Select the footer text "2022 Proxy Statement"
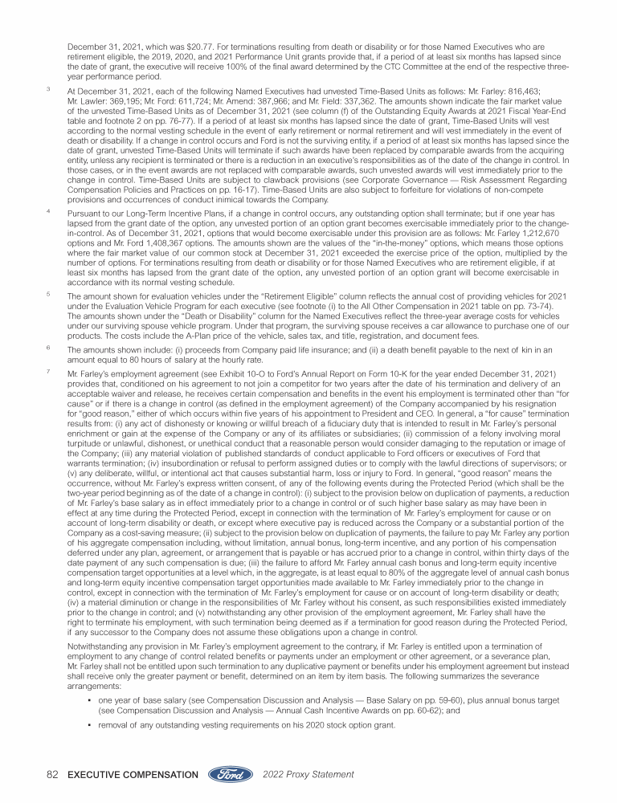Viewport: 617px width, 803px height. (x=308, y=775)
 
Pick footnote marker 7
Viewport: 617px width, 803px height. (x=49, y=373)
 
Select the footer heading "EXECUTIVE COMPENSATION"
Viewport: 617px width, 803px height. (x=133, y=775)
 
